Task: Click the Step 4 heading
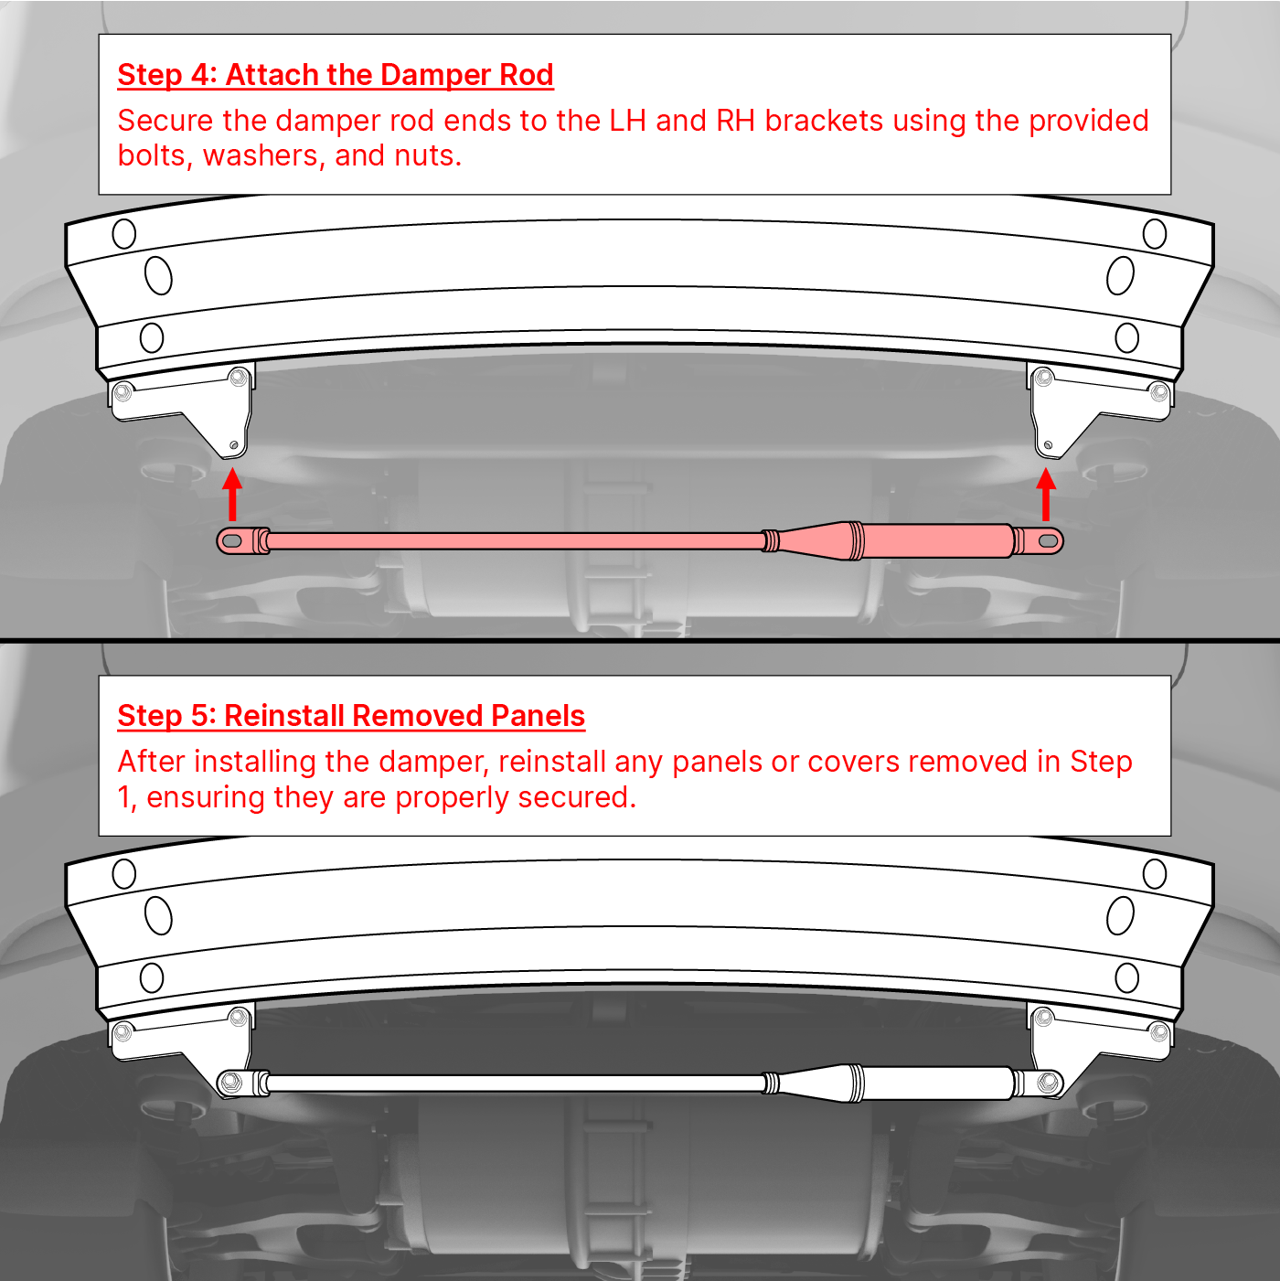336,75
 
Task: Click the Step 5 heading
351,716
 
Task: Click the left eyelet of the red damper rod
232,541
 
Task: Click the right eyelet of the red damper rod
1047,541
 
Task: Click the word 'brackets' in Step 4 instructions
823,121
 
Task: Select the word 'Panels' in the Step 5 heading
538,716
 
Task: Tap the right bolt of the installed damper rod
1050,1083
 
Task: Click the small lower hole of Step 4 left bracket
233,444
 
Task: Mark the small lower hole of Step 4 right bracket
1049,444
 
